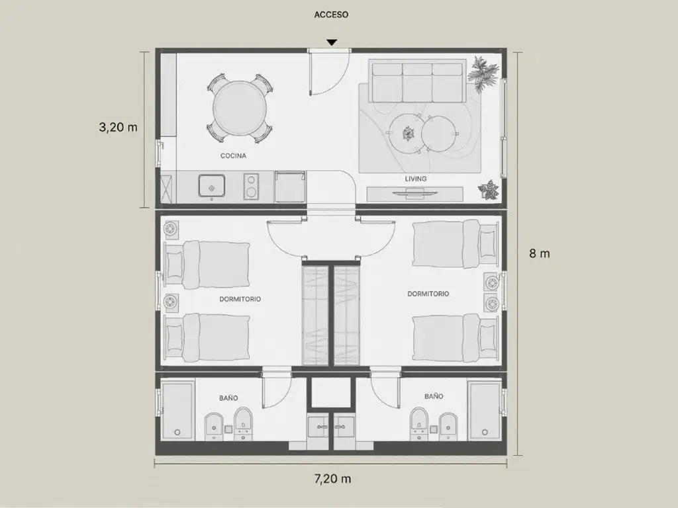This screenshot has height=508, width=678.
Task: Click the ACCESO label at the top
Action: (331, 15)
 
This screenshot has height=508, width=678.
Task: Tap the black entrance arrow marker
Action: (332, 42)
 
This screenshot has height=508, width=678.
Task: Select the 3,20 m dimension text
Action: (118, 127)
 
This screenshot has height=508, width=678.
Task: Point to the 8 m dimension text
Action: (539, 253)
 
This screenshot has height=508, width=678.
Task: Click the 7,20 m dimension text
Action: (332, 479)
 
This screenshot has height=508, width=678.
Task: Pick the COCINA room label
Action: (233, 156)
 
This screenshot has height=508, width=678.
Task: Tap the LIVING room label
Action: (416, 179)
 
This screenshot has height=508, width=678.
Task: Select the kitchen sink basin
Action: (211, 186)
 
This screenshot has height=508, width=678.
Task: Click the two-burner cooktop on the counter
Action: (251, 187)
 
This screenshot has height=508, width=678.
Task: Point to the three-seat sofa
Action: (417, 82)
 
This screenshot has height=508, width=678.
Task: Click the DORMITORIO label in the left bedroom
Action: (240, 299)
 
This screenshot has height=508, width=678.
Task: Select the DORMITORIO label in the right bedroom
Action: (428, 294)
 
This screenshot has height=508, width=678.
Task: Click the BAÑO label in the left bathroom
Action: (228, 398)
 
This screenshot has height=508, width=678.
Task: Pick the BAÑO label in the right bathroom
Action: (434, 396)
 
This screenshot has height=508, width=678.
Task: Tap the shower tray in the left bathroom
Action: (177, 411)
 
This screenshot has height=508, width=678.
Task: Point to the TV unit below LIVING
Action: (414, 194)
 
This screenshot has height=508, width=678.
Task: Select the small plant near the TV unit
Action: (489, 190)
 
